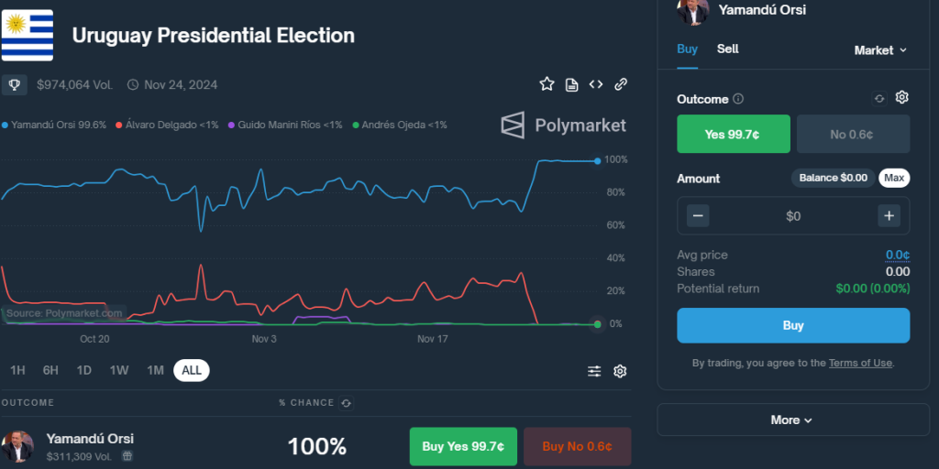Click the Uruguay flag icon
tap(27, 35)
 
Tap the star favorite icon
tap(547, 84)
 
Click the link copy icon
tap(621, 84)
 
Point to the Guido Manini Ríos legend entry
tap(285, 125)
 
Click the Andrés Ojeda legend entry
tap(400, 125)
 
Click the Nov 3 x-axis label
tap(263, 339)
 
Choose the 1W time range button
tap(119, 370)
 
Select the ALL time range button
tap(192, 370)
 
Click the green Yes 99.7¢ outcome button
tap(733, 135)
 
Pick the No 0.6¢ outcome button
tap(852, 135)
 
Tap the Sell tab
tap(728, 49)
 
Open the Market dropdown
tap(880, 50)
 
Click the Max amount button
tap(894, 178)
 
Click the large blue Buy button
tap(793, 325)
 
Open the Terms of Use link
tap(860, 363)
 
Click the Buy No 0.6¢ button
tap(577, 447)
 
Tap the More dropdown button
tap(792, 420)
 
